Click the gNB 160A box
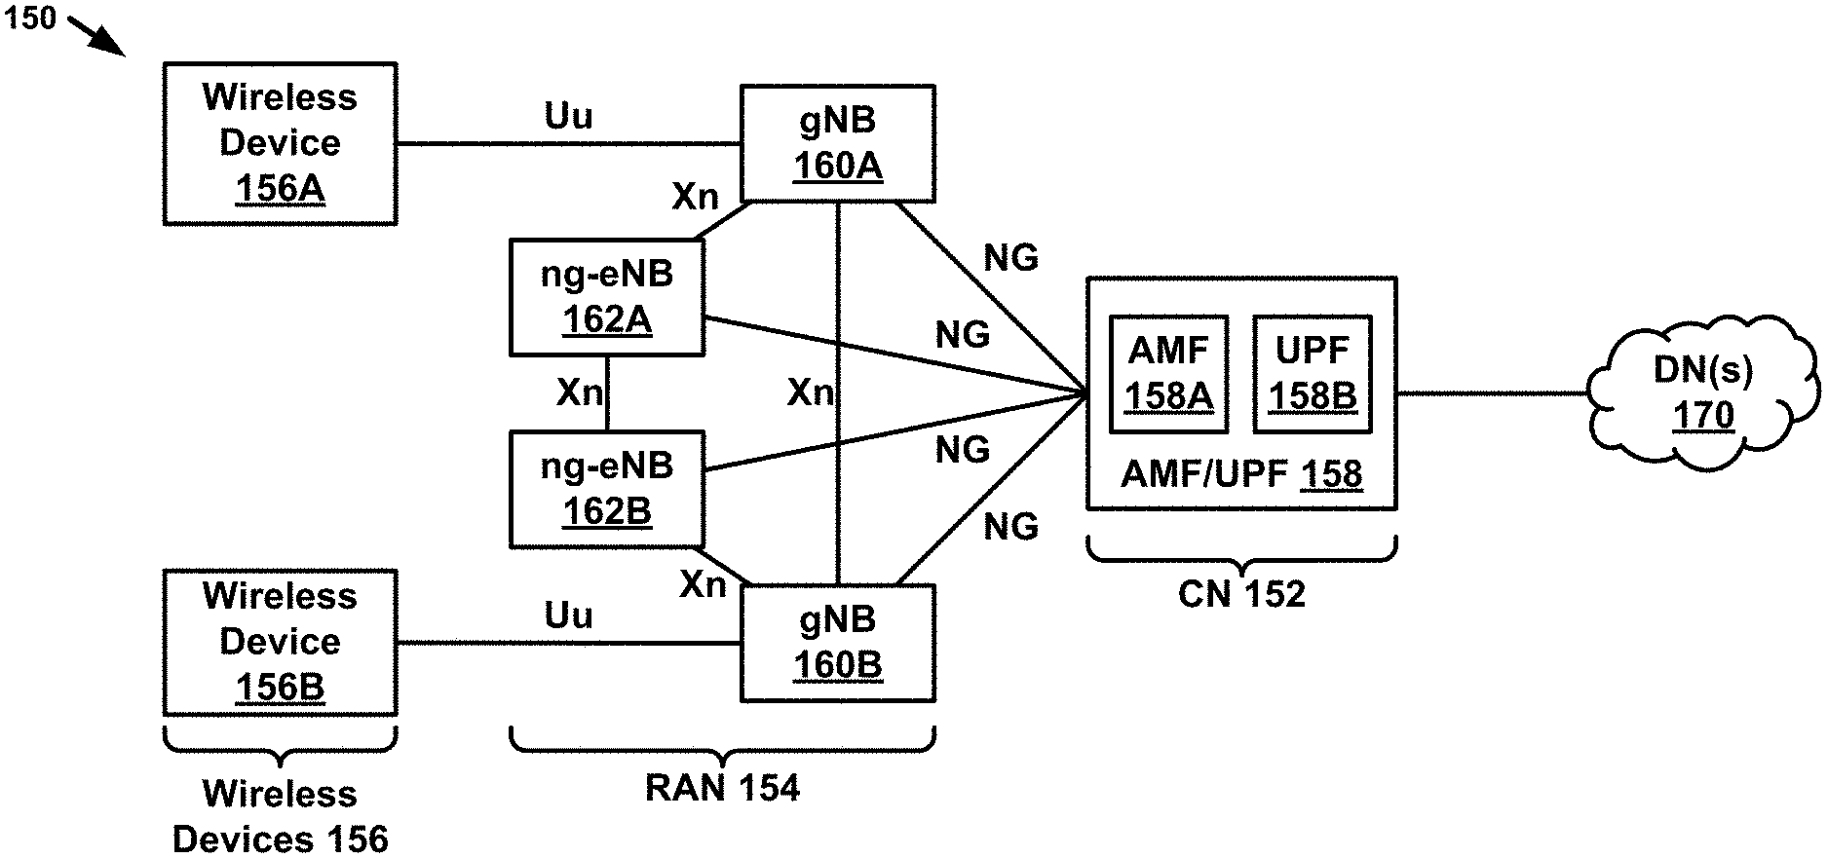(837, 143)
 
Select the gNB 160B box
(837, 643)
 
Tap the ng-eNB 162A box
(606, 297)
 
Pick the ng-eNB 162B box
(606, 489)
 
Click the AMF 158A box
(1168, 374)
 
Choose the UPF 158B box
(1312, 374)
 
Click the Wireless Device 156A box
(280, 143)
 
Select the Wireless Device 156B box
(280, 643)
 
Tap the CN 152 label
(1240, 594)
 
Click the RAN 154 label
(722, 788)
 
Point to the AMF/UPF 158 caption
(1240, 474)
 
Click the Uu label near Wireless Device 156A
(568, 117)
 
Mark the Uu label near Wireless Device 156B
(568, 616)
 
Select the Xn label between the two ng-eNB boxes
(579, 392)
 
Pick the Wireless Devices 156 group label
(280, 816)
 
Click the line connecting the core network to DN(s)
(1491, 393)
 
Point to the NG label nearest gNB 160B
(1010, 527)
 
